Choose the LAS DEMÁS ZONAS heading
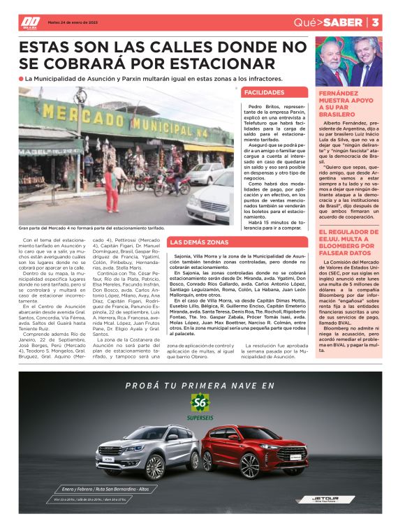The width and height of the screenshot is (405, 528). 199,242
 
